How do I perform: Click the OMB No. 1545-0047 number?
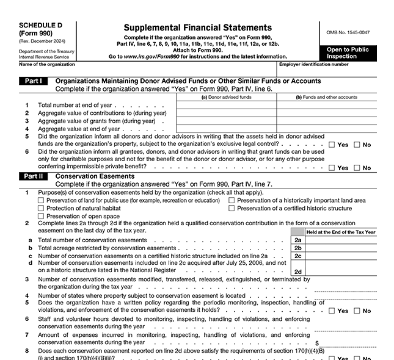[348, 31]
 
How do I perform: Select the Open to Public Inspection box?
[347, 53]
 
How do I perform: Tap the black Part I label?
[33, 81]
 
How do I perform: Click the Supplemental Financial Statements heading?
[197, 27]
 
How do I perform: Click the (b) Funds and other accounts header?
[326, 97]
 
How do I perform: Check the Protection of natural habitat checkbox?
[41, 209]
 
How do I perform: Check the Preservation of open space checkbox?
[41, 217]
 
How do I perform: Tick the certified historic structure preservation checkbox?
[232, 209]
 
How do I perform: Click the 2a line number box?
[297, 240]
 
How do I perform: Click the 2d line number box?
[297, 272]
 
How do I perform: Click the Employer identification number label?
[313, 64]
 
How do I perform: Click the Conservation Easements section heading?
[95, 176]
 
